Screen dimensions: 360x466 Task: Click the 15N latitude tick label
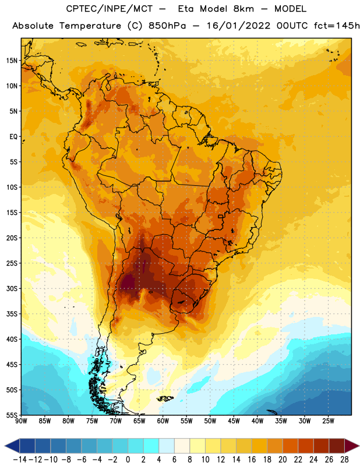point(12,61)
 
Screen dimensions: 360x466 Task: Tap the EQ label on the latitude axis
point(13,137)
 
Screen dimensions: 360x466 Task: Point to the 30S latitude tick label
point(12,288)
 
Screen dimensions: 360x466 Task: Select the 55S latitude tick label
point(12,415)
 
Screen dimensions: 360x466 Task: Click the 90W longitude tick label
point(21,421)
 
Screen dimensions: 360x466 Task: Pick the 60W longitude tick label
point(163,421)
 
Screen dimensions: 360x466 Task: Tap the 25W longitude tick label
point(328,421)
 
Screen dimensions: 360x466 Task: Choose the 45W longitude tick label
point(234,421)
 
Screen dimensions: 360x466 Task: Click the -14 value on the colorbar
point(20,460)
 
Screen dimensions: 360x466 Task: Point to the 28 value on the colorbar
point(344,460)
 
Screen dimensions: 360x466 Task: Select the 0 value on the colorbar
point(128,460)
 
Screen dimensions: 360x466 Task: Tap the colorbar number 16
point(252,460)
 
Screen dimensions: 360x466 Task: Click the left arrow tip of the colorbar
point(5,446)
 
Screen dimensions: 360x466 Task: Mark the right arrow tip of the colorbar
point(359,446)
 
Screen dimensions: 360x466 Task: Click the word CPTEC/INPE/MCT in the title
point(109,9)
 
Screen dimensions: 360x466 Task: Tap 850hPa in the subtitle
point(167,26)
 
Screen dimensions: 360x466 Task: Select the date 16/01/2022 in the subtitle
point(238,26)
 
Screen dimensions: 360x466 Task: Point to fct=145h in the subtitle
point(337,26)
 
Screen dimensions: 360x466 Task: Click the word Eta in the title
point(186,9)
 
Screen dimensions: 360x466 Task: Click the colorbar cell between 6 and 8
point(182,446)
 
